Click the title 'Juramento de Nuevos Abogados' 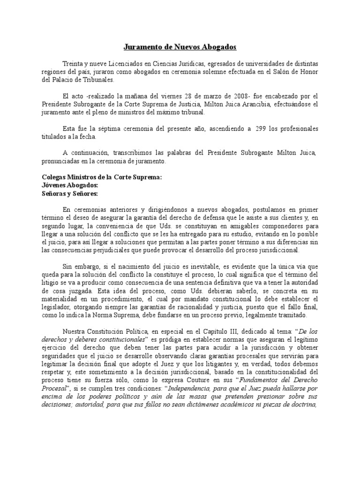(x=180, y=47)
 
